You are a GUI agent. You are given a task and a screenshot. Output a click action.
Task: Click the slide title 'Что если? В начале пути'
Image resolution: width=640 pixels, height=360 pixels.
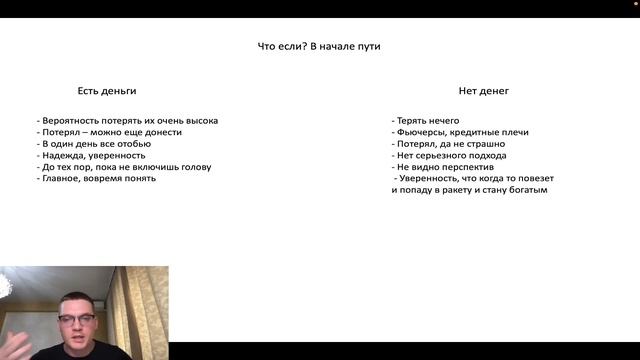tap(319, 46)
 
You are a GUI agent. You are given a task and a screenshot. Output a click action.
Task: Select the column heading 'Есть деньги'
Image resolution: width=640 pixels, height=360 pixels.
tap(107, 91)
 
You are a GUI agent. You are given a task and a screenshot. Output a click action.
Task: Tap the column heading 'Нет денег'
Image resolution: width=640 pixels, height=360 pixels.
tap(484, 91)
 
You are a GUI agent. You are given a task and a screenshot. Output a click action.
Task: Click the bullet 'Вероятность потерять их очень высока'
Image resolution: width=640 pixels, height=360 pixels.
tap(128, 121)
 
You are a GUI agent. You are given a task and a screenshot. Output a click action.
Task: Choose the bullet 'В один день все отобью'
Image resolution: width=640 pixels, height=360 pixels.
tap(96, 144)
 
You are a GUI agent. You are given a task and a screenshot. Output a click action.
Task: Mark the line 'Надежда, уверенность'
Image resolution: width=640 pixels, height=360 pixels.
tap(92, 155)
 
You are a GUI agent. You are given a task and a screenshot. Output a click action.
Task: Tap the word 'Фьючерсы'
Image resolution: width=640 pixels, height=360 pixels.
tap(425, 132)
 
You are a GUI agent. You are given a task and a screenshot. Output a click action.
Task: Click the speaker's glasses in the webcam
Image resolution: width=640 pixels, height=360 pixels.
tap(77, 318)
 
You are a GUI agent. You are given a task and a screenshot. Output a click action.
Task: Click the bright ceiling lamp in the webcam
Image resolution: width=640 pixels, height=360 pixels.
tap(5, 285)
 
